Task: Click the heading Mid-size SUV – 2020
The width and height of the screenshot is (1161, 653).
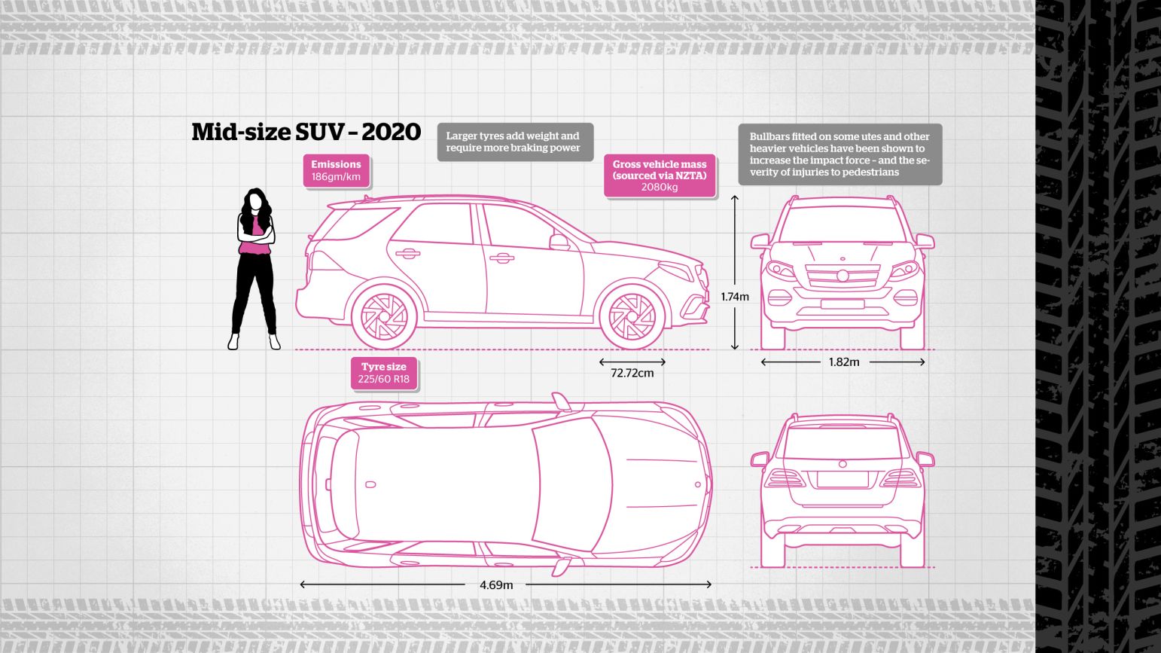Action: point(306,132)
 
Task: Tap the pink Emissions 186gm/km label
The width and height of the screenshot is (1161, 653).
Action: point(336,170)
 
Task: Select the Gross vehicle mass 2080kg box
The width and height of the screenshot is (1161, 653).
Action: point(660,175)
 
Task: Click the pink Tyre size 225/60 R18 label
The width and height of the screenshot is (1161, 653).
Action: point(383,373)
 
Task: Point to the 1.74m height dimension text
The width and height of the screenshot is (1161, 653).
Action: point(735,297)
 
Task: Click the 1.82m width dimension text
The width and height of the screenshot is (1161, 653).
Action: point(844,362)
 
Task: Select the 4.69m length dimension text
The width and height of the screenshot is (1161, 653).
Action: point(496,585)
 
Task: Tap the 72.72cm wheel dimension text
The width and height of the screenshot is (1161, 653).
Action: point(632,373)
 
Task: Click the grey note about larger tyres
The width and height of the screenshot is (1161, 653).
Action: point(515,142)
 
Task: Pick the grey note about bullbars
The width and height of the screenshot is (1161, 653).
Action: point(840,154)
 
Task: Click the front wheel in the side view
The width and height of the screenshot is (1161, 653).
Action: point(632,316)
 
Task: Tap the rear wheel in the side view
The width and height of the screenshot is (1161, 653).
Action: point(384,316)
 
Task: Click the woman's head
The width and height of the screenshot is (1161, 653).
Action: point(255,200)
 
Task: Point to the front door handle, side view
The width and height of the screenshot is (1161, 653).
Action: point(501,258)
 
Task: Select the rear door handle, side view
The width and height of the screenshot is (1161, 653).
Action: point(408,254)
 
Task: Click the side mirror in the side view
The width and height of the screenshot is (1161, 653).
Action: point(559,242)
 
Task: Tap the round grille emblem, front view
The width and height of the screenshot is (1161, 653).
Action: point(843,276)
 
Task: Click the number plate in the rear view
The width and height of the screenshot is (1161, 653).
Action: point(843,479)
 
